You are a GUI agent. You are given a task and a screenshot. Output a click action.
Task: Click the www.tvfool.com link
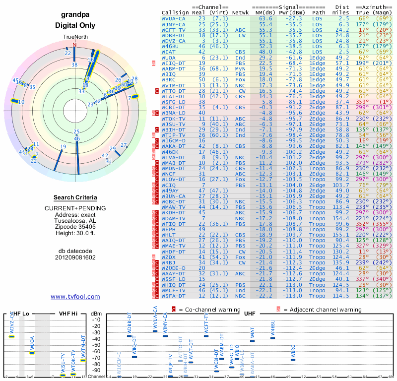coord(75,297)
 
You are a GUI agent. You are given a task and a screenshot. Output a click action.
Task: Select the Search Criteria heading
coord(75,197)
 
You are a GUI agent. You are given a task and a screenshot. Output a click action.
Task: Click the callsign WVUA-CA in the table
coord(174,18)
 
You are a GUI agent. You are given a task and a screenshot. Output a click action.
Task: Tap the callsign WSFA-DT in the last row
coord(174,296)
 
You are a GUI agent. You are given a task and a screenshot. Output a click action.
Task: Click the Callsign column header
coord(175,12)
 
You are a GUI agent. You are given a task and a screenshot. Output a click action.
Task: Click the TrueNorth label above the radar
coord(74,38)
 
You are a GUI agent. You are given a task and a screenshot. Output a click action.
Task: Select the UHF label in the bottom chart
coord(249,313)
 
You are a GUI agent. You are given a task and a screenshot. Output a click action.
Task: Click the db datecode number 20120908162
coord(75,257)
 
